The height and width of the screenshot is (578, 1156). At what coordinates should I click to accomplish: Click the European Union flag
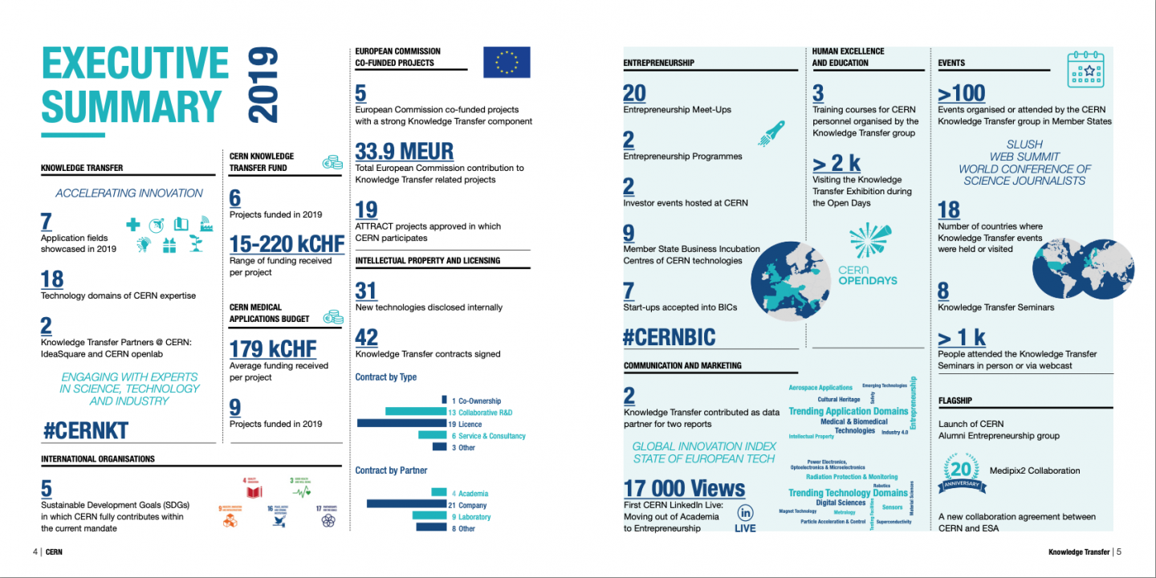[507, 63]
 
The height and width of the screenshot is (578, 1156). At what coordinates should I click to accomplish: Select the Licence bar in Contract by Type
[401, 423]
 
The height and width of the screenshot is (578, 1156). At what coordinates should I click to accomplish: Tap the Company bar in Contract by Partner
[406, 504]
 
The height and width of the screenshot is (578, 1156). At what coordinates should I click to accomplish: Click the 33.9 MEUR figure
[404, 151]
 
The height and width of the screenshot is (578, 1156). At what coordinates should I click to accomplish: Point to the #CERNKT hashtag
[85, 430]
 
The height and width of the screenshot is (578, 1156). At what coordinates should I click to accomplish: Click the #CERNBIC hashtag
[669, 337]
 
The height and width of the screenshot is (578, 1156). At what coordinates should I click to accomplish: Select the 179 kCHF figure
[273, 349]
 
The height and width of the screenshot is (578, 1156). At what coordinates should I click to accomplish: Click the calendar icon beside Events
[1085, 70]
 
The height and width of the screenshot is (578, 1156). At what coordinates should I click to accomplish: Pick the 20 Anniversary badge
[960, 474]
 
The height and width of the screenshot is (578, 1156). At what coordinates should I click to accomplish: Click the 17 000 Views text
[684, 488]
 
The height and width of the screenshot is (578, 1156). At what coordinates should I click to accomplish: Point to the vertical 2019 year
[263, 85]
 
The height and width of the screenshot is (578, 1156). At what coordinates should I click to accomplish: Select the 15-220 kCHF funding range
[287, 244]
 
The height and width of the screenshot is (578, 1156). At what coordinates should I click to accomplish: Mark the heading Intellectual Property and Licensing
[427, 261]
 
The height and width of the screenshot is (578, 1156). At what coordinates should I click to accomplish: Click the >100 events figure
[962, 93]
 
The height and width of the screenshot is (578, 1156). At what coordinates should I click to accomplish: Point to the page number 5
[1118, 552]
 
